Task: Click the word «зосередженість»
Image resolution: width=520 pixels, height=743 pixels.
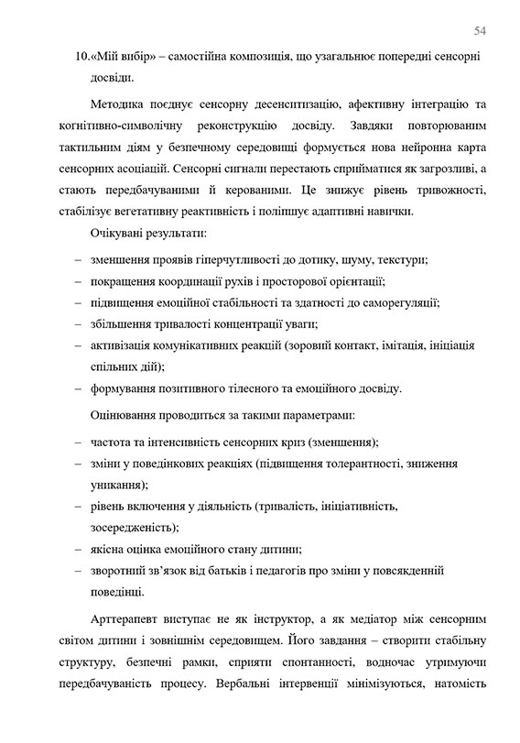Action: point(133,529)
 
